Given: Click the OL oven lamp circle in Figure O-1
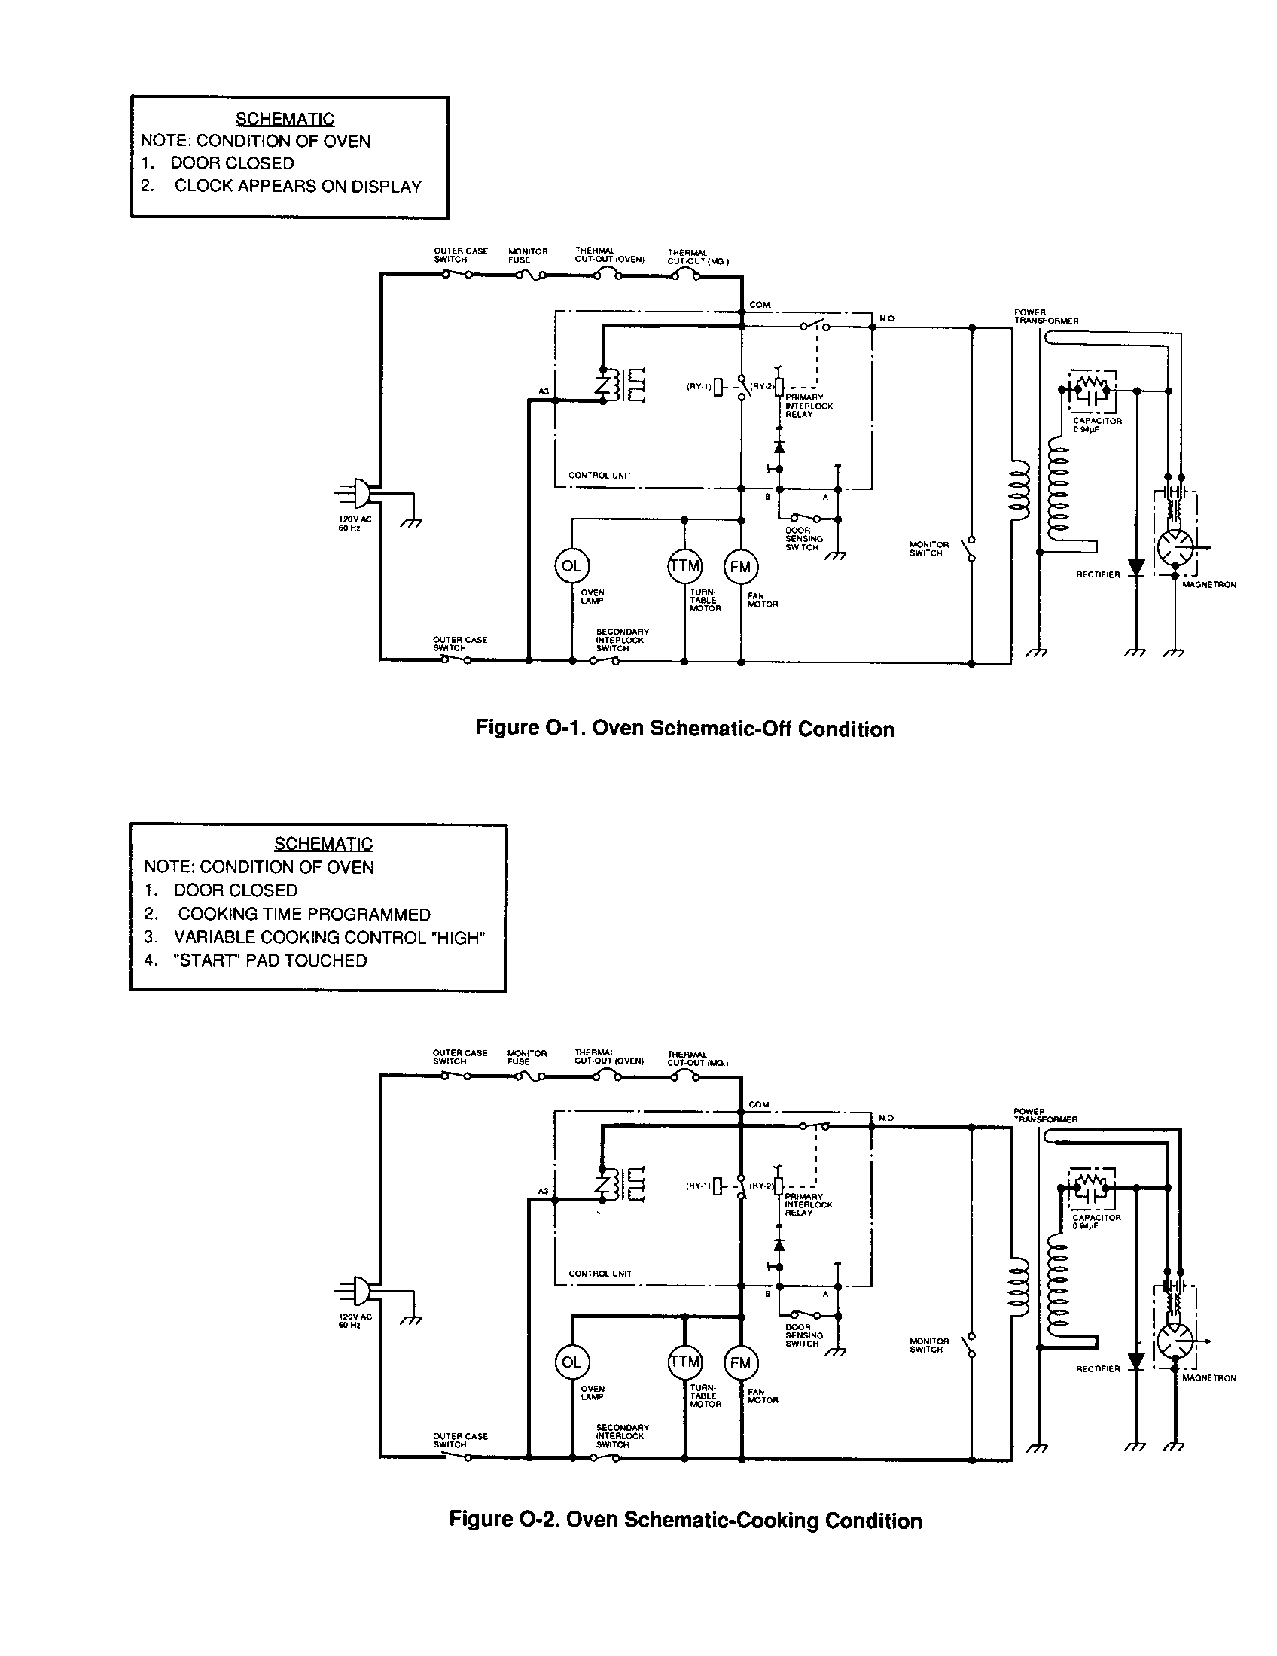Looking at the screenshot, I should coord(571,565).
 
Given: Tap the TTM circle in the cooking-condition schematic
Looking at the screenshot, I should coord(684,1362).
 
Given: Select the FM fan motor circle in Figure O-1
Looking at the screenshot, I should coord(740,566).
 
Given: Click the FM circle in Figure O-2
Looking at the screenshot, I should coord(740,1362).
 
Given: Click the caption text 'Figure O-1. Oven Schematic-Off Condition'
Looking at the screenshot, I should coord(684,729).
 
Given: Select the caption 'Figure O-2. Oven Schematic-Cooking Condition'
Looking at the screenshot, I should coord(684,1521).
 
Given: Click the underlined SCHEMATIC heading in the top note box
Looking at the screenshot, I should coord(285,119).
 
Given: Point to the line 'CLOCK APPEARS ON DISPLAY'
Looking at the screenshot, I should coord(297,187).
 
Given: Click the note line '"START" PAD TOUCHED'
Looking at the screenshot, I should coord(270,960).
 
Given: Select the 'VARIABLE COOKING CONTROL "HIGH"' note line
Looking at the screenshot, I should coord(329,937).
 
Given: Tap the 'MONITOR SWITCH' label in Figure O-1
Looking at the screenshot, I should coord(928,548).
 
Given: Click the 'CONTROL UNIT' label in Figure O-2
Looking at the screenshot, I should coord(599,1273).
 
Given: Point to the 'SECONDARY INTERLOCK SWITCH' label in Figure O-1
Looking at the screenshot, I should coord(621,640).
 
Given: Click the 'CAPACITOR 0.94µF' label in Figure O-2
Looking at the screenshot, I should coord(1096,1221).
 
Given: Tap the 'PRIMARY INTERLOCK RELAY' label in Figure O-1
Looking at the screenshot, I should coord(809,406).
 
